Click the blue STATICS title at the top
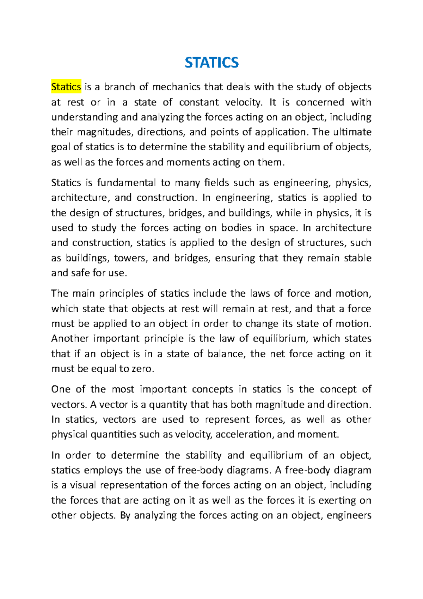pyautogui.click(x=211, y=62)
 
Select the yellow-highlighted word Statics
pyautogui.click(x=66, y=87)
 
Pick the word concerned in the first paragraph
pyautogui.click(x=320, y=102)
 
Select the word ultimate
pyautogui.click(x=353, y=132)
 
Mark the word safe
pyautogui.click(x=82, y=273)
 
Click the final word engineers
pyautogui.click(x=349, y=516)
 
